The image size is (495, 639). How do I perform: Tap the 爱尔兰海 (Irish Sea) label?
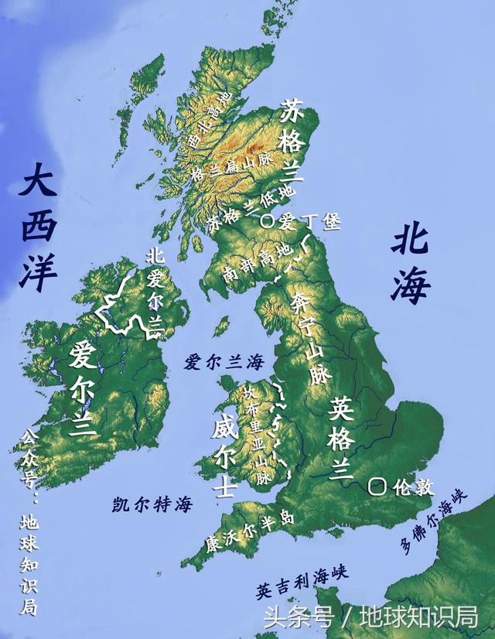click(224, 362)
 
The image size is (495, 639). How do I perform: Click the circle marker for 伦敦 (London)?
click(377, 487)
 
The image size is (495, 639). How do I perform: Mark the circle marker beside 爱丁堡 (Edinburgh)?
click(268, 220)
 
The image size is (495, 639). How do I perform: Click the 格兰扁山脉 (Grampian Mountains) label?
click(225, 172)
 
